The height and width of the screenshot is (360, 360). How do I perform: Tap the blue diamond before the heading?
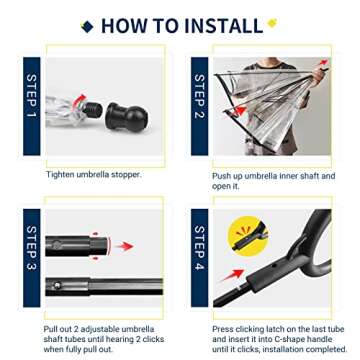(89, 24)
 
